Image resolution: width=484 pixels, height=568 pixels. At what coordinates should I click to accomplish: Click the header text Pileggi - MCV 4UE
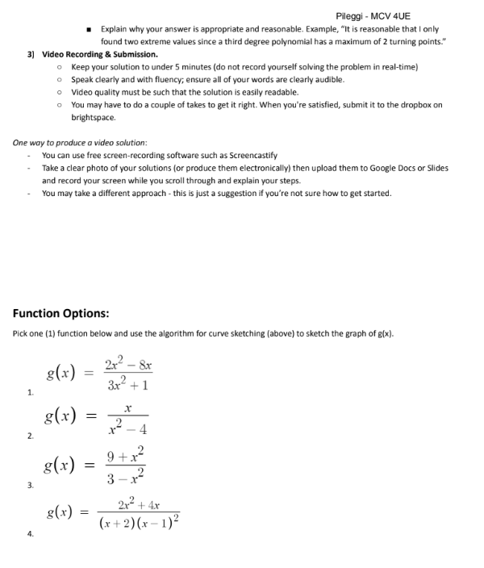(x=372, y=16)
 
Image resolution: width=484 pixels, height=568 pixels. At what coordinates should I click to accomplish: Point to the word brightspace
(x=94, y=118)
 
